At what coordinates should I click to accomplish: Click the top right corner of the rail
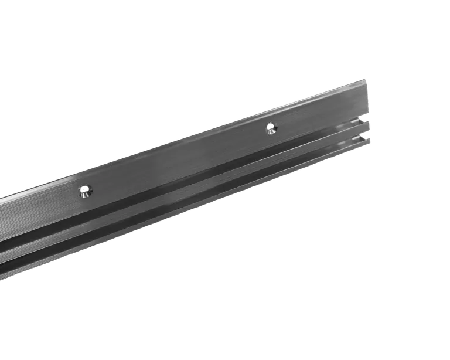(367, 77)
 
